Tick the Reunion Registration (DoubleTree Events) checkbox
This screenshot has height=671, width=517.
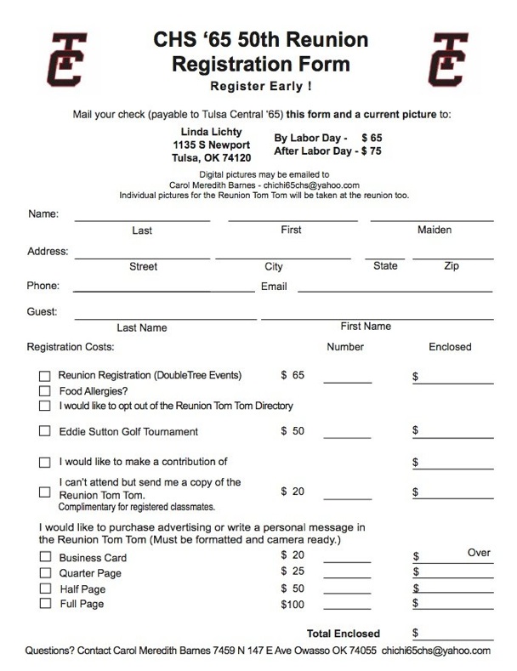(x=45, y=376)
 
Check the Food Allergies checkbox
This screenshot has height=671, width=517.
(x=45, y=391)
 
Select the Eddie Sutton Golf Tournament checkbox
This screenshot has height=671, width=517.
(x=45, y=432)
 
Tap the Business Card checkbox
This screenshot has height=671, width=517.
(x=45, y=558)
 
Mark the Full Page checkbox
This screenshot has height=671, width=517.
(x=45, y=604)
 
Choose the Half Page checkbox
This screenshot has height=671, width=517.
(x=45, y=589)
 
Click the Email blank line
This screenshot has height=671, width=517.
(x=395, y=290)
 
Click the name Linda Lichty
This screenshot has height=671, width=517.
(x=212, y=132)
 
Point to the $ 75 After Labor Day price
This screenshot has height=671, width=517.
(x=372, y=151)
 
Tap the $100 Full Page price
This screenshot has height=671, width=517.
(x=293, y=604)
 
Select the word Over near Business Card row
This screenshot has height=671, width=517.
(x=479, y=553)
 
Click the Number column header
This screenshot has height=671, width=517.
(x=345, y=347)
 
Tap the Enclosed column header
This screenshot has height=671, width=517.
(x=450, y=347)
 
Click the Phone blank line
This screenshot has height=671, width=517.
(x=164, y=290)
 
